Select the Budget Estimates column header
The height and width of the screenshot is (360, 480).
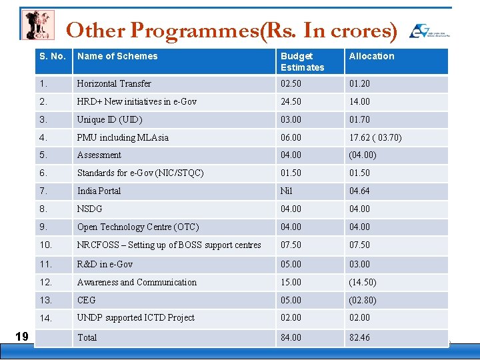pyautogui.click(x=302, y=61)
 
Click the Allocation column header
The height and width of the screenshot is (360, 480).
pyautogui.click(x=371, y=56)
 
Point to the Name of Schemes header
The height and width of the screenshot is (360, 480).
pyautogui.click(x=117, y=56)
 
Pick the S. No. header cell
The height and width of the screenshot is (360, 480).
pyautogui.click(x=52, y=56)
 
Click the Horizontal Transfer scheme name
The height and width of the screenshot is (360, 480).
pyautogui.click(x=114, y=83)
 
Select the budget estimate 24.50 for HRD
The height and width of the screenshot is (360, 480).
pyautogui.click(x=291, y=101)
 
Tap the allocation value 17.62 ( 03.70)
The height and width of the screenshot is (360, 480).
pyautogui.click(x=375, y=137)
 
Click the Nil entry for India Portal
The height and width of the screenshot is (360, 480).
pyautogui.click(x=287, y=191)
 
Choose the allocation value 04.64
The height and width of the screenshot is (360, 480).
pyautogui.click(x=359, y=191)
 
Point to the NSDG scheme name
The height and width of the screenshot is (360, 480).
pyautogui.click(x=89, y=209)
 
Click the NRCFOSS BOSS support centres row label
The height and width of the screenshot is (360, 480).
pyautogui.click(x=169, y=245)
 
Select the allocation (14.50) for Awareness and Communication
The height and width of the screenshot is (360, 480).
pyautogui.click(x=362, y=282)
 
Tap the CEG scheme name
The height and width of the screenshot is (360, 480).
pyautogui.click(x=87, y=300)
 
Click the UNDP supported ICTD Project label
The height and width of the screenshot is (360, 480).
pyautogui.click(x=135, y=317)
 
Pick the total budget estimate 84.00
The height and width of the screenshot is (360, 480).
pyautogui.click(x=291, y=337)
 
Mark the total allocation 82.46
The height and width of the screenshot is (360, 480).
pyautogui.click(x=359, y=337)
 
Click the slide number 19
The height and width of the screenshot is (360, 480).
pyautogui.click(x=21, y=336)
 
